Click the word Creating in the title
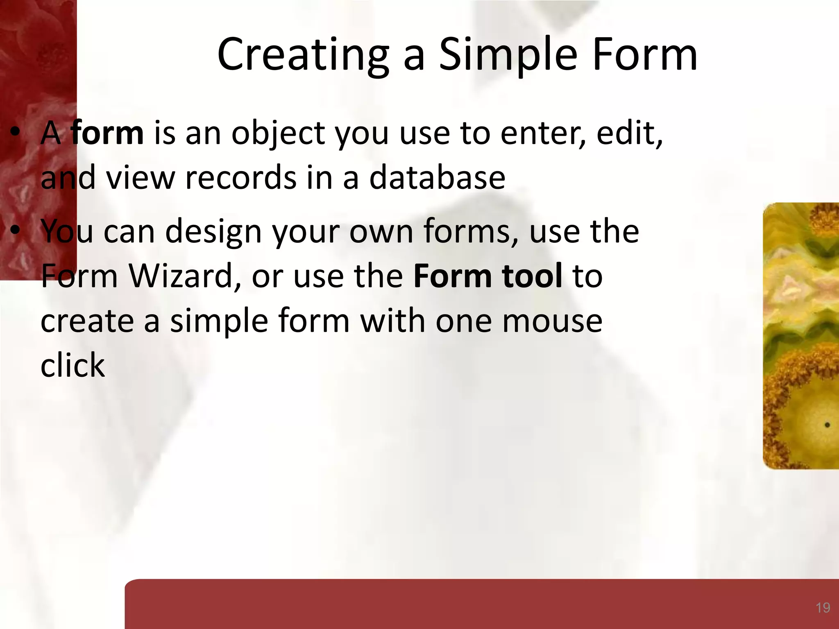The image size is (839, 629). point(303,55)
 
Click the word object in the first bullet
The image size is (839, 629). point(278,134)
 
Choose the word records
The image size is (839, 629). point(240,178)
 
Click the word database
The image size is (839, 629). point(437,178)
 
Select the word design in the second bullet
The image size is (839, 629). point(213,232)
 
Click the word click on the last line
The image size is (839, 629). point(73,365)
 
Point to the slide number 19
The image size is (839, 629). point(823,608)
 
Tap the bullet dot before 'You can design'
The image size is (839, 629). point(15,231)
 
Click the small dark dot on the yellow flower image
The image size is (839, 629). point(827,425)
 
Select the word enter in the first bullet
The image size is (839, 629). point(543,134)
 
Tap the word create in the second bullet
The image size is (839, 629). point(87,321)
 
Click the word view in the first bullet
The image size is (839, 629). point(140,178)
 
